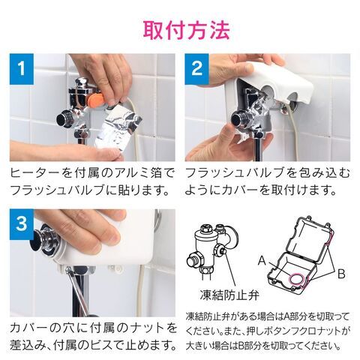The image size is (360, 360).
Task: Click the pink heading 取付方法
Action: pos(186,31)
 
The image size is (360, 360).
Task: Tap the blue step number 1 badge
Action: pos(22,69)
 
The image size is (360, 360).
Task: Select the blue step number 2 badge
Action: pos(196,69)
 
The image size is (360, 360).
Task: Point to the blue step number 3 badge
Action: pos(22,224)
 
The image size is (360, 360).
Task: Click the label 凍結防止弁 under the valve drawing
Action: pos(229,295)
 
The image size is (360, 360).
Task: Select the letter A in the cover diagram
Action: pos(262,260)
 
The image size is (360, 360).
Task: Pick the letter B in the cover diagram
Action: pos(341,274)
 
